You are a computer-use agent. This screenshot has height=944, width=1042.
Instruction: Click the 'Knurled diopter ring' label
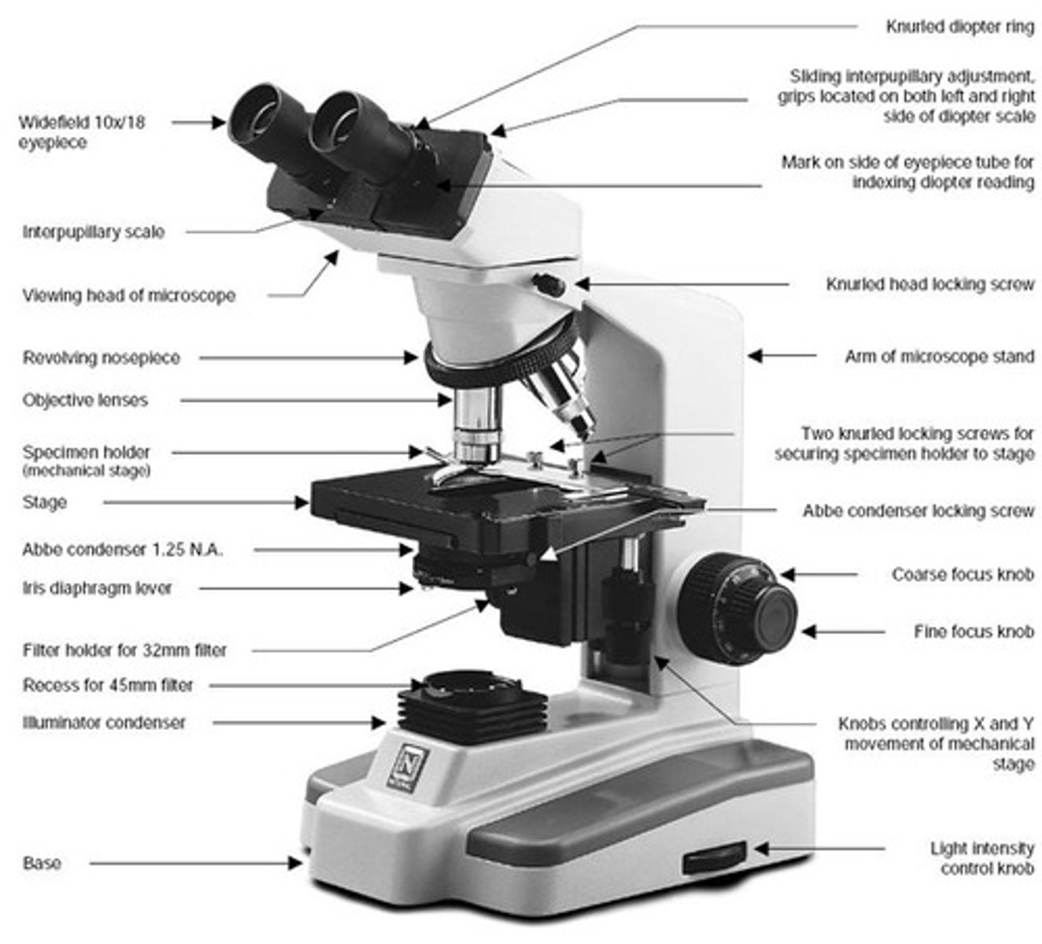[959, 27]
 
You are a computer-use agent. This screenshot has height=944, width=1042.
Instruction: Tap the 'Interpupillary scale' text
[94, 232]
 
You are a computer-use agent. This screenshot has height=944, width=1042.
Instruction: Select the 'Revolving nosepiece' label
[101, 358]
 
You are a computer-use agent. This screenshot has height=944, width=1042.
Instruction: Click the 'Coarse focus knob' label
[962, 574]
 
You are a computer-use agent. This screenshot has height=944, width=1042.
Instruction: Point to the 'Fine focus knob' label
[974, 631]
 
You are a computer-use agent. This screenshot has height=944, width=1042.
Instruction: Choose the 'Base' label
[42, 863]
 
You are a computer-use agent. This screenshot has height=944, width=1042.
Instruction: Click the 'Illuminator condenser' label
[104, 722]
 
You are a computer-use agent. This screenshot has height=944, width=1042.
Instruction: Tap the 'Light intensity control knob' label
[981, 858]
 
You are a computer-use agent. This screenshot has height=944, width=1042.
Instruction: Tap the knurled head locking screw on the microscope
[549, 284]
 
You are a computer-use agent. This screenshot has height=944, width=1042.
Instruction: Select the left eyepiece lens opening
[257, 116]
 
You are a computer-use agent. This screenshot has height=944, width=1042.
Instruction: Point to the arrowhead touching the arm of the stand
[755, 356]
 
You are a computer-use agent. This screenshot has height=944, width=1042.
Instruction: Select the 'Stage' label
[45, 502]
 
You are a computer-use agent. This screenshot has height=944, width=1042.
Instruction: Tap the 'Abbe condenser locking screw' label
[918, 511]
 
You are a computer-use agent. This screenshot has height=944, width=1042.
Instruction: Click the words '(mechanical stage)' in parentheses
[87, 471]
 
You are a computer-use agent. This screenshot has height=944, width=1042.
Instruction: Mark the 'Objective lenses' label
[85, 400]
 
